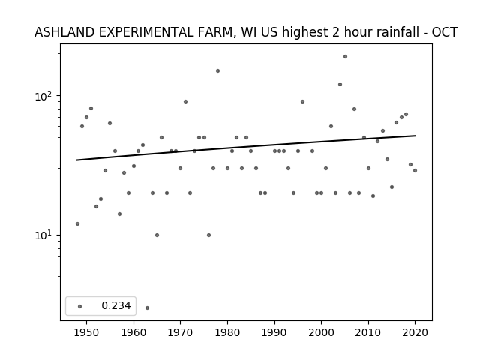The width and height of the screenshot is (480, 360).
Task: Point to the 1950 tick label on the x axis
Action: coord(87,332)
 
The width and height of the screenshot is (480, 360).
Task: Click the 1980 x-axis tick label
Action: coord(227,332)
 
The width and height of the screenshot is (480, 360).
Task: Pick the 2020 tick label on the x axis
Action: coord(415,332)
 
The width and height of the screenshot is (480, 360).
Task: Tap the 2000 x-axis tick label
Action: coord(321,332)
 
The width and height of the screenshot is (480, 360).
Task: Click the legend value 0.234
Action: coord(116,305)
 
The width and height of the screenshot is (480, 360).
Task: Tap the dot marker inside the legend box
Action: coord(80,306)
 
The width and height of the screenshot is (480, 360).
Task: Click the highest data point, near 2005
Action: coord(345,57)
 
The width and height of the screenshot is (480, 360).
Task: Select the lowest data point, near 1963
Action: coord(147,308)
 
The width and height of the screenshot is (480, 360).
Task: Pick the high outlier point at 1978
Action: coord(218,71)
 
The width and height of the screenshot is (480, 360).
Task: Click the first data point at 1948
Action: coord(77,223)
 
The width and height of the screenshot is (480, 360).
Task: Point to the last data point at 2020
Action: coord(415,170)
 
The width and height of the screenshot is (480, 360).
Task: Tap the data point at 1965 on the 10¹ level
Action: coord(157,235)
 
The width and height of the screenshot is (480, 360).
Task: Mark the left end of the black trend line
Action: coord(76,160)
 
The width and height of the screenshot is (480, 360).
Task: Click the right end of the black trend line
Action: coord(415,136)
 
